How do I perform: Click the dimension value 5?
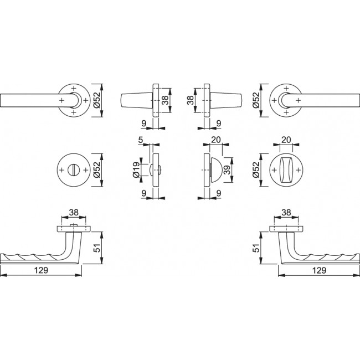pyautogui.click(x=141, y=140)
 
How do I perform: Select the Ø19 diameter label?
pyautogui.click(x=136, y=170)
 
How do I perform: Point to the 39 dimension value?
pyautogui.click(x=227, y=170)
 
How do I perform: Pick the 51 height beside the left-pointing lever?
pyautogui.click(x=98, y=248)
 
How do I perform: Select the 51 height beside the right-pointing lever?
pyautogui.click(x=256, y=248)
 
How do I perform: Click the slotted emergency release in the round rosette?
pyautogui.click(x=74, y=170)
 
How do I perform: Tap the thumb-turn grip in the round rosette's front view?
pyautogui.click(x=286, y=170)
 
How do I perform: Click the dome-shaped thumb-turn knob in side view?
pyautogui.click(x=216, y=170)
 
